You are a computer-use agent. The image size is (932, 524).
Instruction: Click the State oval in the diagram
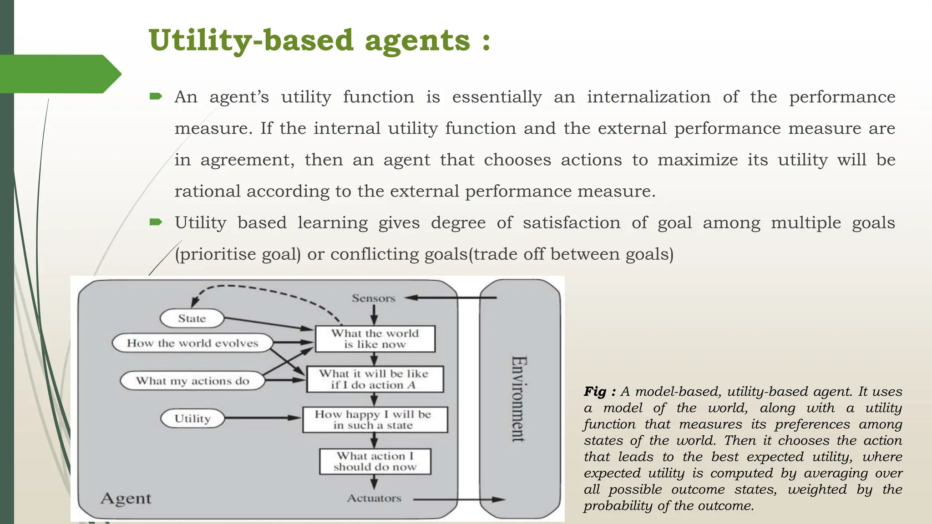pyautogui.click(x=192, y=318)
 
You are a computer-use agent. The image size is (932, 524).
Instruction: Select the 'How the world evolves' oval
pyautogui.click(x=192, y=343)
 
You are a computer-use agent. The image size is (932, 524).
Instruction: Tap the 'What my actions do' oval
pyautogui.click(x=192, y=381)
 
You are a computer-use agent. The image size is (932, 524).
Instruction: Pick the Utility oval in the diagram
pyautogui.click(x=192, y=418)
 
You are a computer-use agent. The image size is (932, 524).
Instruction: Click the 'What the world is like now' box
pyautogui.click(x=375, y=339)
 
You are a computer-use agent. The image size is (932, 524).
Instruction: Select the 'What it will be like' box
pyautogui.click(x=374, y=379)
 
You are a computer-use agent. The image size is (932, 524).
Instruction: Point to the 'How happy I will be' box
pyautogui.click(x=374, y=419)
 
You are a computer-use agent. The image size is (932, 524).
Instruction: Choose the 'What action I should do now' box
pyautogui.click(x=375, y=461)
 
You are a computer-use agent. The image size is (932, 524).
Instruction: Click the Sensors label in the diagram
pyautogui.click(x=373, y=298)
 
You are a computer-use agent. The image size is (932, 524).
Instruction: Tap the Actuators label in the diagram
pyautogui.click(x=374, y=499)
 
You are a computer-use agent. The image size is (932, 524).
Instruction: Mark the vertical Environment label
pyautogui.click(x=519, y=398)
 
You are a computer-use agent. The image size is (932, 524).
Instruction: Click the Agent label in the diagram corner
pyautogui.click(x=126, y=499)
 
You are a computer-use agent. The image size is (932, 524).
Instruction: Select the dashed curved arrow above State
pyautogui.click(x=255, y=290)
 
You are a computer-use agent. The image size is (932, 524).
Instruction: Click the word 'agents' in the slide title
pyautogui.click(x=417, y=41)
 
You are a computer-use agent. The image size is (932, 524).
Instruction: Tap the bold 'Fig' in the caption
pyautogui.click(x=595, y=392)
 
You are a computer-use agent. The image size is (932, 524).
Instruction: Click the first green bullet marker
pyautogui.click(x=156, y=96)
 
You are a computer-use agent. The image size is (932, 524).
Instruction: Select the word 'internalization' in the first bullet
pyautogui.click(x=648, y=97)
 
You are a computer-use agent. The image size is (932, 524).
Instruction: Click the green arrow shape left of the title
pyautogui.click(x=59, y=74)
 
